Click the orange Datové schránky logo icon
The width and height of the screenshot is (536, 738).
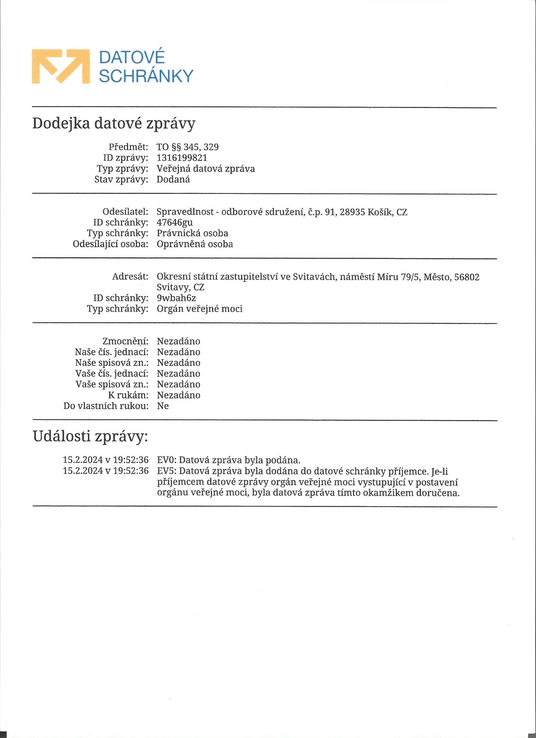[x=61, y=66]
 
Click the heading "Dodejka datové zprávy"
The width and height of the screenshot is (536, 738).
[x=114, y=124]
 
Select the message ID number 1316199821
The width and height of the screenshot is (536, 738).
[x=182, y=158]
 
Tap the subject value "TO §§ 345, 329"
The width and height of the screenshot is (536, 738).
[x=188, y=147]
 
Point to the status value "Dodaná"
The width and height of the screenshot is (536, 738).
[x=173, y=179]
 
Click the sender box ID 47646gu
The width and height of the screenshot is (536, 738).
[x=175, y=223]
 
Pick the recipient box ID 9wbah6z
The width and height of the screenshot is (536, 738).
[x=176, y=298]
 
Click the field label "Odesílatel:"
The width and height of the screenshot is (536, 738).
[x=125, y=212]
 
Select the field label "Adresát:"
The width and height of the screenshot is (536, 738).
[x=130, y=277]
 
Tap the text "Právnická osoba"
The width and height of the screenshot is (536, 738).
[x=192, y=233]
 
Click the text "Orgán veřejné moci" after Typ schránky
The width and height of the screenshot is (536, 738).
[x=200, y=309]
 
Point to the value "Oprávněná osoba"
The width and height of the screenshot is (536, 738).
[x=195, y=244]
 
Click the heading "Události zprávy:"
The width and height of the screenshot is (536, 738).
[x=90, y=437]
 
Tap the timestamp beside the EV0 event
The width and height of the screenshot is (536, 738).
[x=106, y=460]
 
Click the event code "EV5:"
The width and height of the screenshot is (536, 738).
[x=166, y=471]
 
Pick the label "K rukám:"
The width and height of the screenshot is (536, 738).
[x=128, y=395]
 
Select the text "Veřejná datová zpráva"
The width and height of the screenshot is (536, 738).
[x=206, y=169]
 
